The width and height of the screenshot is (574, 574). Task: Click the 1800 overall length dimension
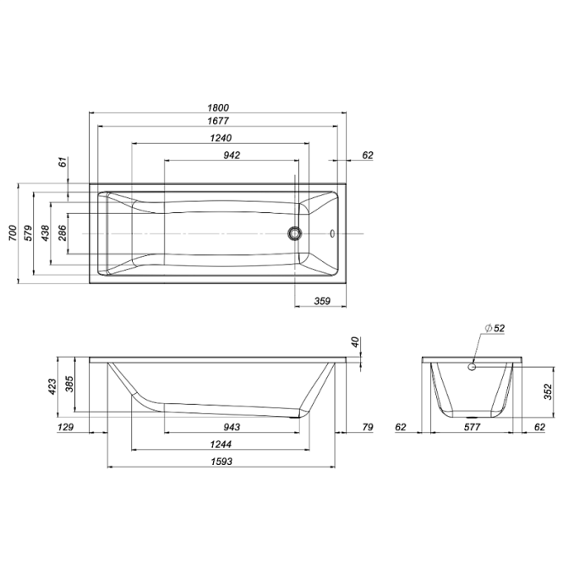tap(218, 107)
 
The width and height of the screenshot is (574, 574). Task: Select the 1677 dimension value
tap(218, 121)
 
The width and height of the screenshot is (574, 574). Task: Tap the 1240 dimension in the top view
tap(221, 138)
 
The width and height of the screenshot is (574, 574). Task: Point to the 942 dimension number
tap(232, 156)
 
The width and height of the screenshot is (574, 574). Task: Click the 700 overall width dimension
tap(13, 232)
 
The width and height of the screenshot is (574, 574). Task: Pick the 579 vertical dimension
tap(28, 232)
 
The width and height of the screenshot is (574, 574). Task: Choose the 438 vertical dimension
tap(45, 232)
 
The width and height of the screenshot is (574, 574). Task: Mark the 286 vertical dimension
tap(63, 232)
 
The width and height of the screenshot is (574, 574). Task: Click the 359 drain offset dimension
tap(322, 301)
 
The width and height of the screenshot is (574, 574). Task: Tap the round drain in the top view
tap(294, 233)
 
